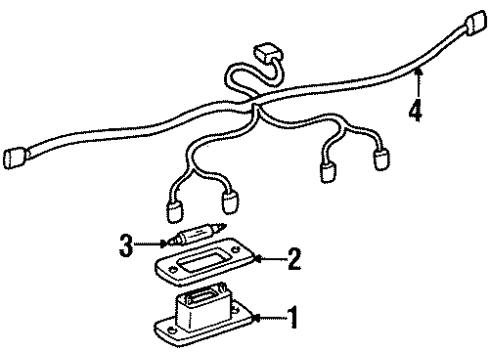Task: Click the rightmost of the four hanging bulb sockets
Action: [x=380, y=159]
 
